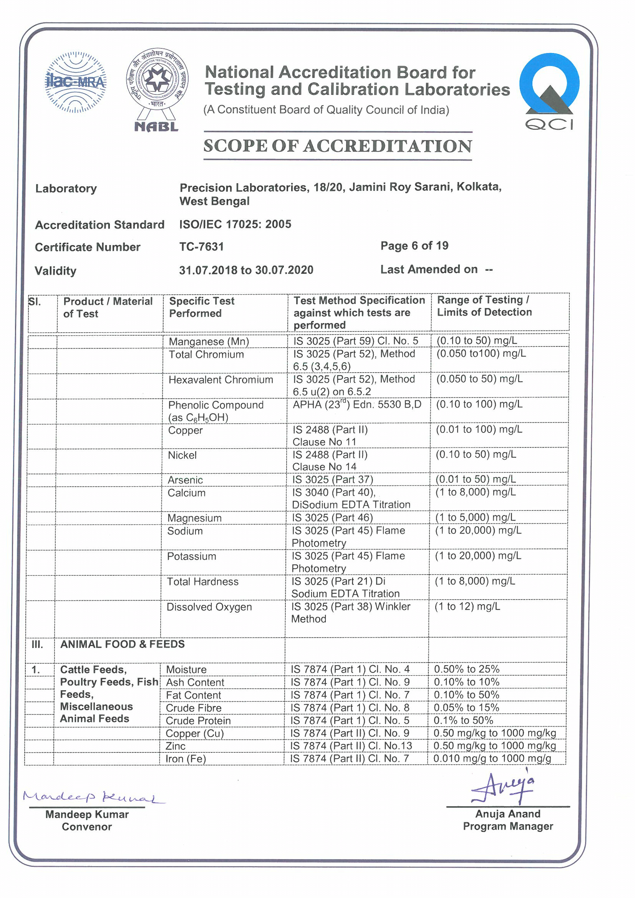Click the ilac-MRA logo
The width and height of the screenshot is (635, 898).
point(76,82)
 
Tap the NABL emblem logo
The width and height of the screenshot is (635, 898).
point(157,89)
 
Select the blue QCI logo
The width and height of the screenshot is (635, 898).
point(549,91)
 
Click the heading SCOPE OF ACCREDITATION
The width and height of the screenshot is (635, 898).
point(337,146)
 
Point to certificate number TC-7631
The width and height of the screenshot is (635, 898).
point(202,247)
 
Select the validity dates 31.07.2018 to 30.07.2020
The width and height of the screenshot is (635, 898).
point(246,270)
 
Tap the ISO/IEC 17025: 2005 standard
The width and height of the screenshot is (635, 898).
point(235,224)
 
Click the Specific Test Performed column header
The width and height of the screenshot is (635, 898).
point(202,307)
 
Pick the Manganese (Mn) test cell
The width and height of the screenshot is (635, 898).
point(209,341)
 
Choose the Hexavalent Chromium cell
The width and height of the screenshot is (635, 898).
point(221,380)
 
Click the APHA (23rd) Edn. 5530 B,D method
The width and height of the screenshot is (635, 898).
point(357,404)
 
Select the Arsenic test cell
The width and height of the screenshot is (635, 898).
point(185,480)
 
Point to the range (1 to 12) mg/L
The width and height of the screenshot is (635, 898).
point(467,606)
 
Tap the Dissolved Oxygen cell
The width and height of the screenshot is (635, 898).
point(209,607)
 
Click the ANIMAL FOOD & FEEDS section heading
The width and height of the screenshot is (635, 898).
point(122,644)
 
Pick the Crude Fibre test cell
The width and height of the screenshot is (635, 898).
point(193,708)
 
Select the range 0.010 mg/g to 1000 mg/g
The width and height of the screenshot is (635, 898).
point(492,759)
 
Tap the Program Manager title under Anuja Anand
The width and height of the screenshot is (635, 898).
point(507,826)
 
